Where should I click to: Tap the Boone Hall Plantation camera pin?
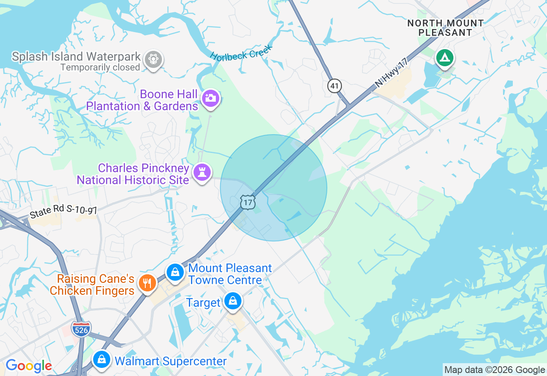[x=210, y=98]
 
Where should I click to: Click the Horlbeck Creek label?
[x=241, y=51]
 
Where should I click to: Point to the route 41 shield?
[x=335, y=86]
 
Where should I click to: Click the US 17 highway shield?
[x=248, y=202]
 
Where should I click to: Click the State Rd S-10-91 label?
[x=64, y=212]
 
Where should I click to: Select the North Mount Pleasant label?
[x=445, y=28]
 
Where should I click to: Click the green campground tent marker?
[x=444, y=58]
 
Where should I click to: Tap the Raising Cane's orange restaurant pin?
[x=147, y=282]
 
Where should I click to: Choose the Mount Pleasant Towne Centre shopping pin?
[x=175, y=272]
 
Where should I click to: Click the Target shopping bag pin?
[x=233, y=301]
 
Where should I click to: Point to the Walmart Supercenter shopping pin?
[x=102, y=359]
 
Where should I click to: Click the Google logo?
[x=29, y=366]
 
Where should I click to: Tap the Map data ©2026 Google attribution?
[x=494, y=370]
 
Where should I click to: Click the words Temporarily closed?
[x=100, y=68]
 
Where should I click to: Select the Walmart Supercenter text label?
[x=171, y=361]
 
